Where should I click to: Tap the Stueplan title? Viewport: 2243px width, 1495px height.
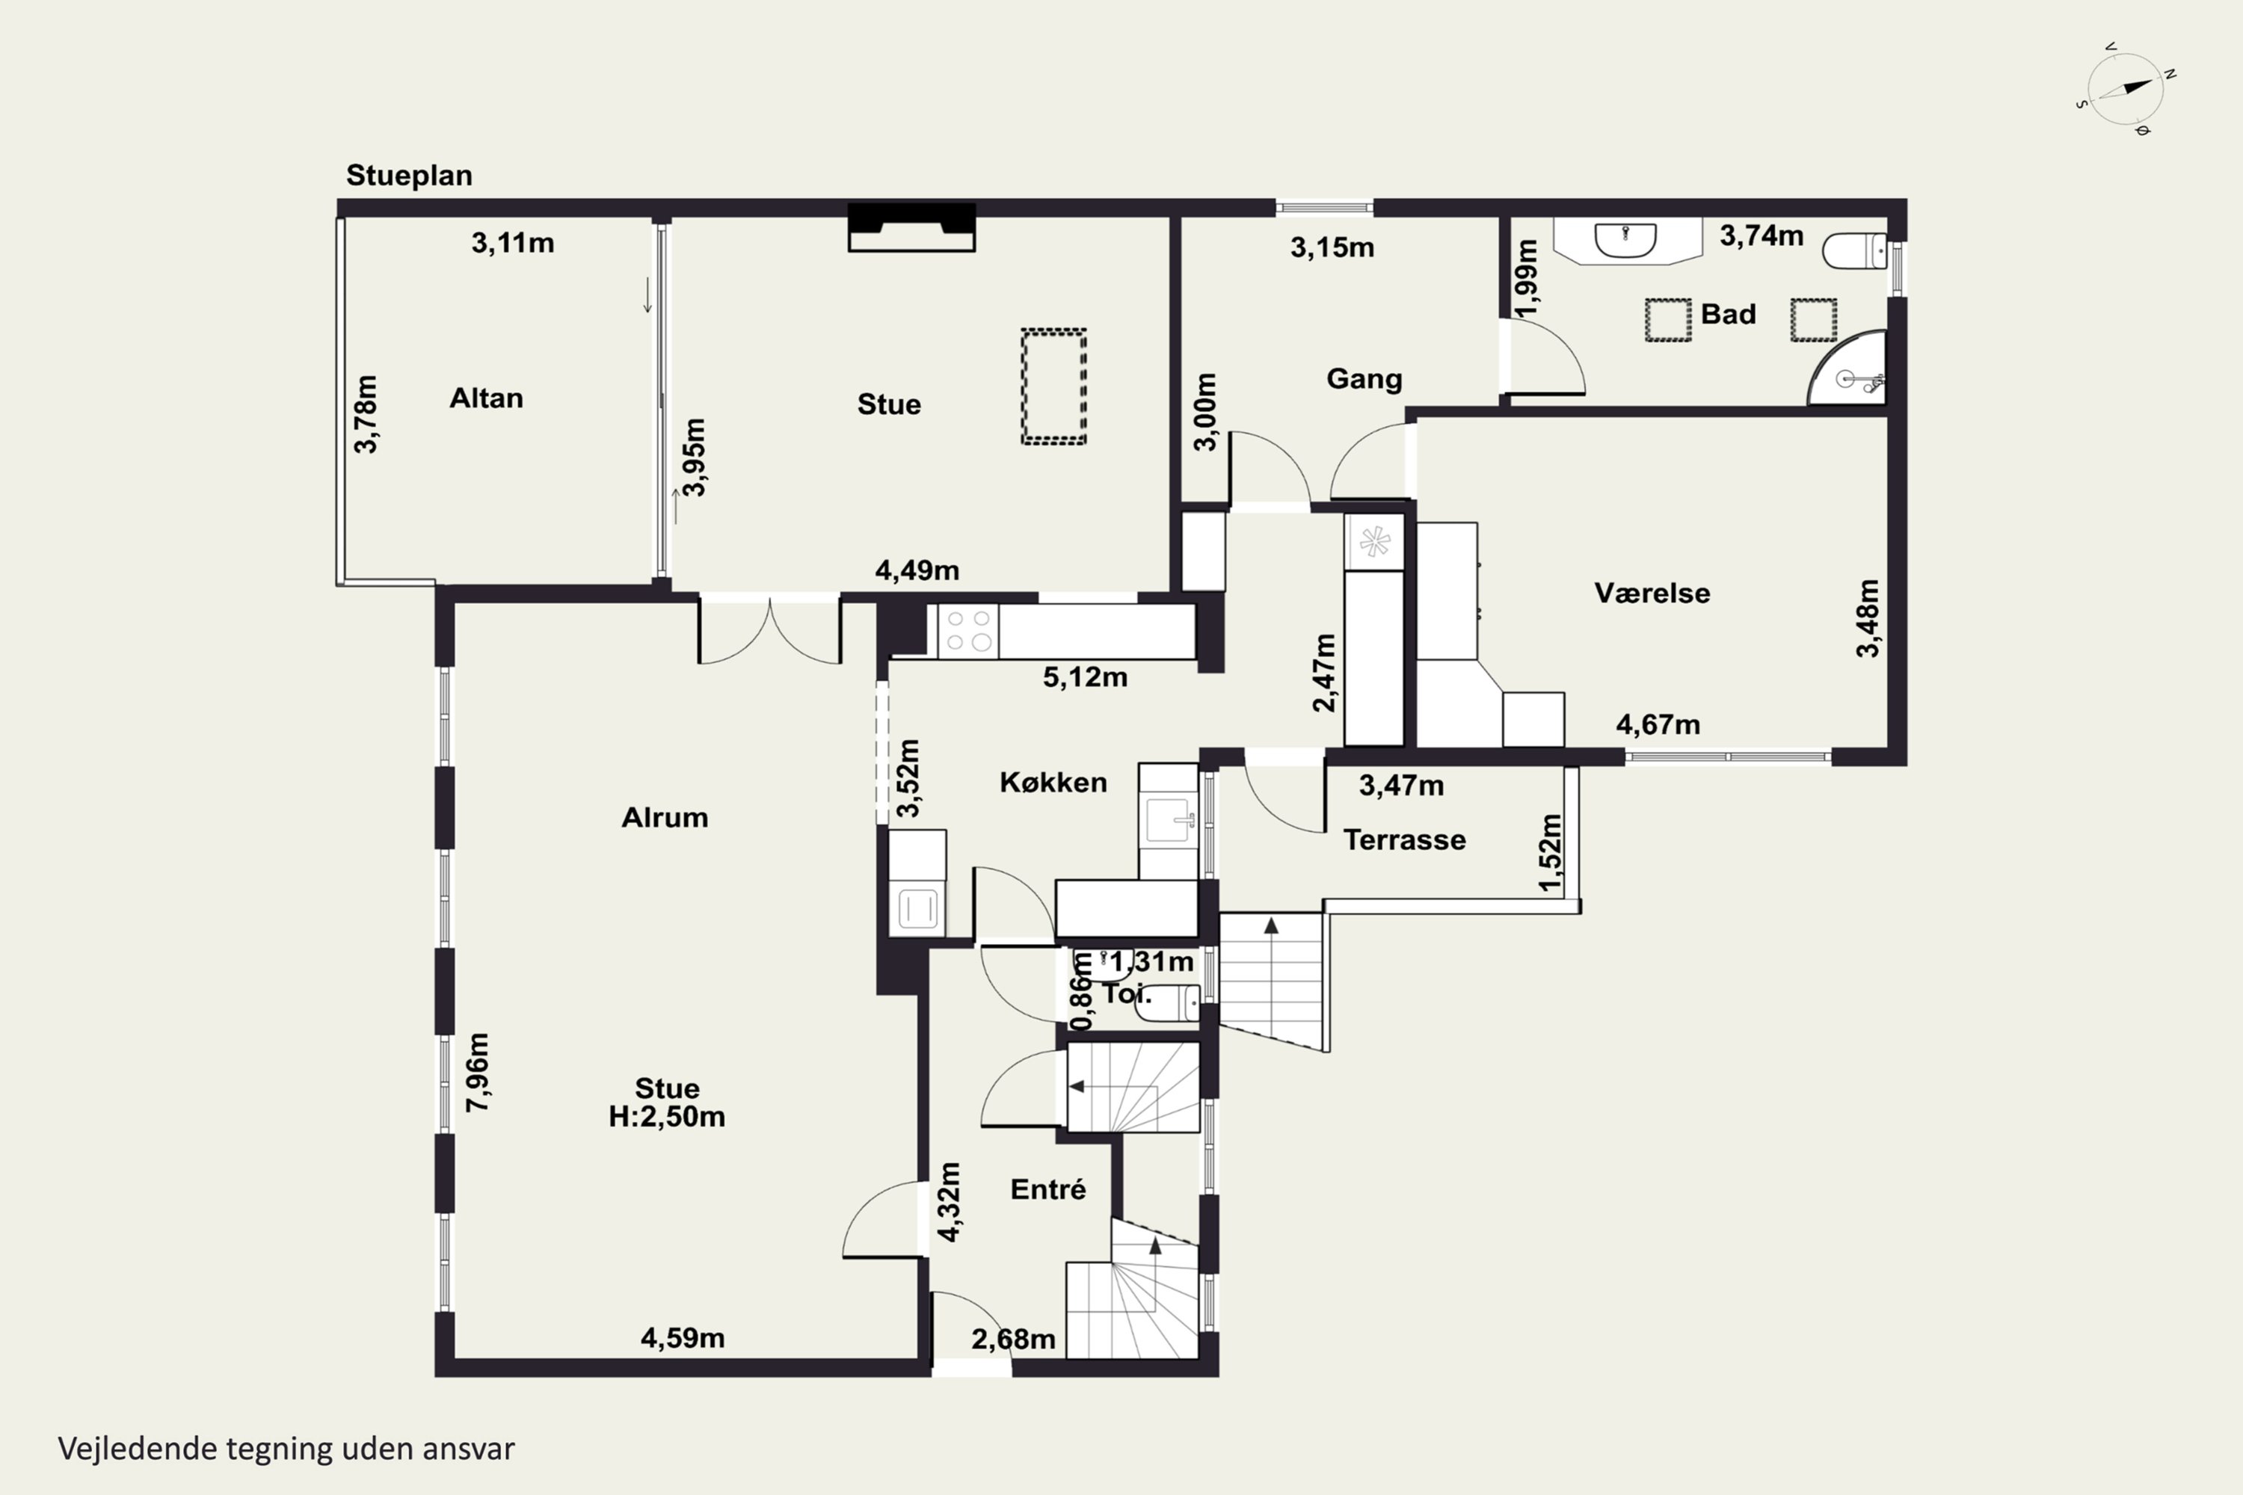(409, 176)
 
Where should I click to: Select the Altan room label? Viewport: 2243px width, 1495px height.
(487, 398)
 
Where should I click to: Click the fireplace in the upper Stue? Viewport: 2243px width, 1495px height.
(911, 227)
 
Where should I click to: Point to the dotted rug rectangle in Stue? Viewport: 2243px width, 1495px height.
(1053, 386)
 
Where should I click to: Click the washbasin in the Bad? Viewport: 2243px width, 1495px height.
(1626, 239)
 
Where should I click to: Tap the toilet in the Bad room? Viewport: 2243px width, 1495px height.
(1855, 250)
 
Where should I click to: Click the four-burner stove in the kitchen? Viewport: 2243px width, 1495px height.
(968, 631)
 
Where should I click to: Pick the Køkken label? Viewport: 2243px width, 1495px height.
(1053, 783)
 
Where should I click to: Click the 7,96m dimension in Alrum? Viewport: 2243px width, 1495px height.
(478, 1072)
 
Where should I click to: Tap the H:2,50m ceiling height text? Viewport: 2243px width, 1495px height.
(667, 1117)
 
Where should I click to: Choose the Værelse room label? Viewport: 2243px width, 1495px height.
(1652, 593)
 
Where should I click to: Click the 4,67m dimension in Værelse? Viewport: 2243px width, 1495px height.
(1658, 724)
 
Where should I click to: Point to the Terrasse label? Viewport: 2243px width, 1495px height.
(1405, 840)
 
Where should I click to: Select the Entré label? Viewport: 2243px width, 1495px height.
(1048, 1189)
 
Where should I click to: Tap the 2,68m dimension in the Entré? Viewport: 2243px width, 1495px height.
(1013, 1340)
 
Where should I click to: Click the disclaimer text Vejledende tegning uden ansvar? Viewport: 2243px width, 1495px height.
(286, 1449)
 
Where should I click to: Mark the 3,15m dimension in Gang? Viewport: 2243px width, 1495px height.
(1332, 248)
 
